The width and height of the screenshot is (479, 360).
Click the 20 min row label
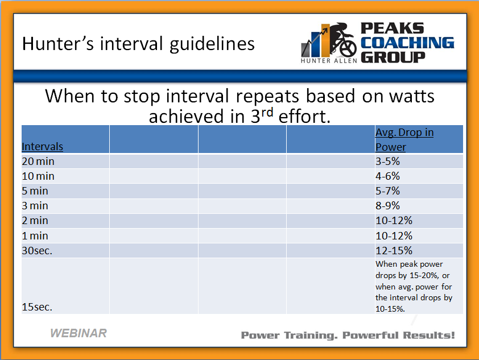[x=38, y=161]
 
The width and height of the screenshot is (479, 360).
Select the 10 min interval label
[x=38, y=176]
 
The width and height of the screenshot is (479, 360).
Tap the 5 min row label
[x=35, y=191]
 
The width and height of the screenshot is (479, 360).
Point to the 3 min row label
[x=35, y=206]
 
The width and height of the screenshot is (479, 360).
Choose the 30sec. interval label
[x=37, y=251]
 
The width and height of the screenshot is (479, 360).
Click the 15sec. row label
[x=37, y=307]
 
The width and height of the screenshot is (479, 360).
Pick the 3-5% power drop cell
[x=387, y=161]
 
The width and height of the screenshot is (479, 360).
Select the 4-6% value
[x=387, y=176]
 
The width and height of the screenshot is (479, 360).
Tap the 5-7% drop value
[x=387, y=191]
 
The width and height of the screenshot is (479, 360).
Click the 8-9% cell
[x=387, y=206]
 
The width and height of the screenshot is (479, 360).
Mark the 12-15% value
[x=394, y=251]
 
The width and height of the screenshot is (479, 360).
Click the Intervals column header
[x=43, y=147]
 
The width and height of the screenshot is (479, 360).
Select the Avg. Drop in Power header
[x=404, y=139]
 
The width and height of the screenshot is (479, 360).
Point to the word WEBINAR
[x=79, y=333]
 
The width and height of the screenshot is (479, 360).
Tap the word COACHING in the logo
[x=407, y=43]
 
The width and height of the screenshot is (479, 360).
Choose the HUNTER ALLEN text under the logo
[x=329, y=61]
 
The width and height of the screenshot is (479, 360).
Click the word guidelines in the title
[x=212, y=44]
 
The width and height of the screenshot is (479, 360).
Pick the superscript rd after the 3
[x=267, y=113]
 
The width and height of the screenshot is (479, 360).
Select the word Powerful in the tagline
[x=370, y=336]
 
